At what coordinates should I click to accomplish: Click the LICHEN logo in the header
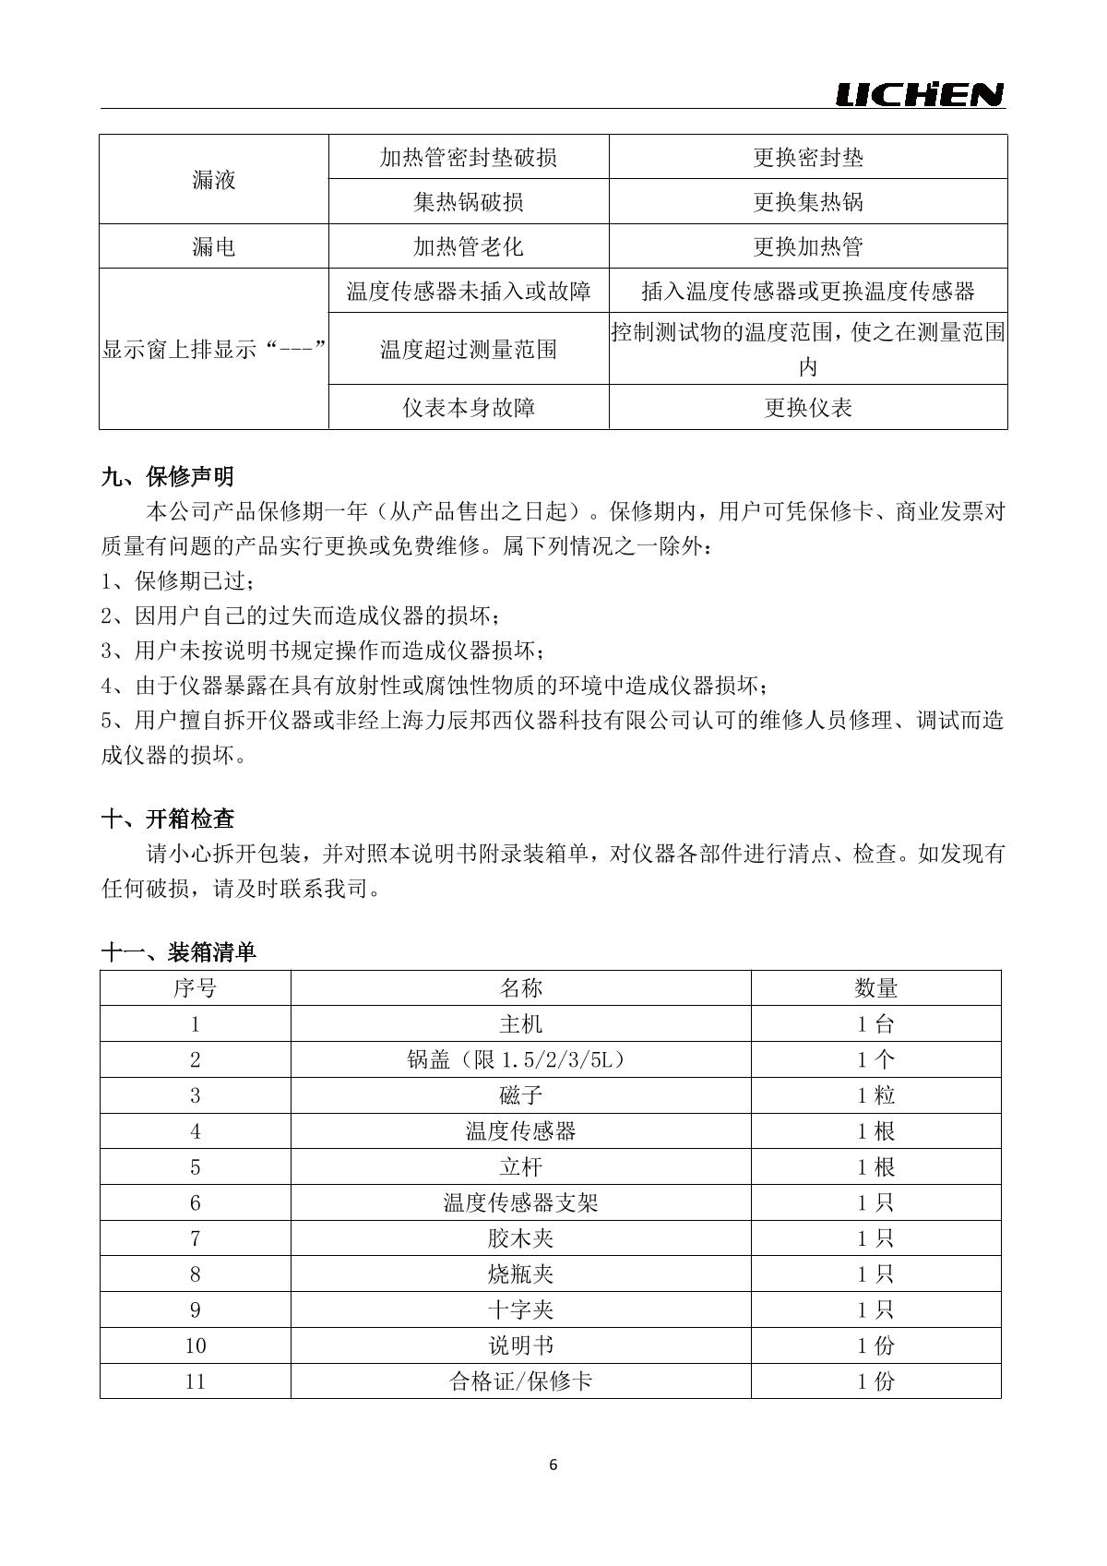tap(919, 94)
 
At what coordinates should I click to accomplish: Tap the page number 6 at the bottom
tap(553, 1464)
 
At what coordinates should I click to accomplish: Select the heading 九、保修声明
tap(167, 477)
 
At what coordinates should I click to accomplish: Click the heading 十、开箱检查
tap(167, 819)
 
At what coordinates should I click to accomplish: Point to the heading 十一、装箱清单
tap(178, 952)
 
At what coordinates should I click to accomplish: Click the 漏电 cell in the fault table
tap(214, 246)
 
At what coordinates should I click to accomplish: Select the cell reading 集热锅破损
tap(469, 201)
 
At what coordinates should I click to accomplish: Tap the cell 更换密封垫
tap(808, 157)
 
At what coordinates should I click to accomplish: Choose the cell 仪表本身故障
tap(469, 407)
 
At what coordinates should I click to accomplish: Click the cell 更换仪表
tap(808, 407)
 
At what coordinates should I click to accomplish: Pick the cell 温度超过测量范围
tap(469, 349)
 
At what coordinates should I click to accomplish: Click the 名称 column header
tap(520, 988)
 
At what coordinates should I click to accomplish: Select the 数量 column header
tap(875, 988)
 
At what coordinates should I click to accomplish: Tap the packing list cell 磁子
tap(520, 1095)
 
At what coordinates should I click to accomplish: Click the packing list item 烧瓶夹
tap(520, 1274)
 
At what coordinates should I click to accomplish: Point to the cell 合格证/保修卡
tap(520, 1381)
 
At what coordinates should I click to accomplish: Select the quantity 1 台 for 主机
tap(875, 1024)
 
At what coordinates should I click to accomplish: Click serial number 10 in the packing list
tap(196, 1345)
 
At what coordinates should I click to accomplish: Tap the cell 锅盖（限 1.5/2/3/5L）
tap(520, 1059)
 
